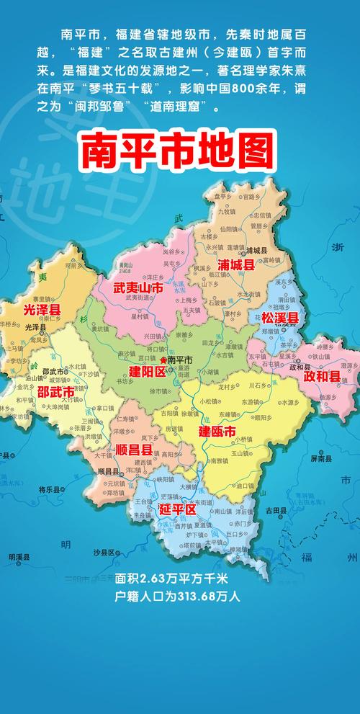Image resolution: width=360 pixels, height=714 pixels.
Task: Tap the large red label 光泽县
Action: [42, 310]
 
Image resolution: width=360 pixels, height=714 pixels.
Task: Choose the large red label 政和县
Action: [320, 376]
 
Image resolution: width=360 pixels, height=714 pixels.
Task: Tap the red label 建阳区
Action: [147, 371]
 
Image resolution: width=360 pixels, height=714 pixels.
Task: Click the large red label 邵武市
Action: [55, 392]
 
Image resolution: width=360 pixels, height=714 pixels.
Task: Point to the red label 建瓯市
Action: [217, 432]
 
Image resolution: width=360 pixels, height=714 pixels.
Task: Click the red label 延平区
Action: [176, 509]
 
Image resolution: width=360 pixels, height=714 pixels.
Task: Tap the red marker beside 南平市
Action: [163, 359]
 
